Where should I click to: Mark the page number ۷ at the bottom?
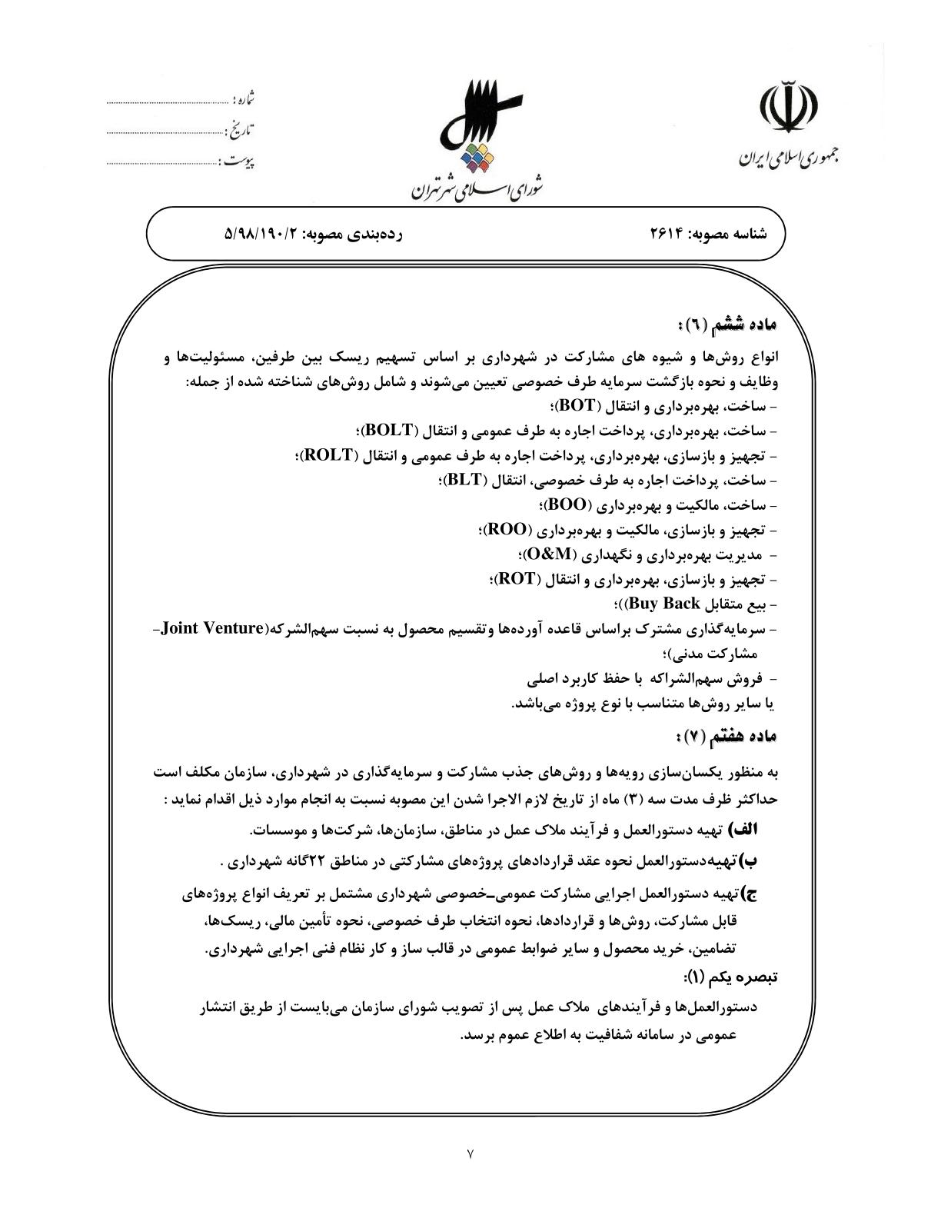coord(470,1153)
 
